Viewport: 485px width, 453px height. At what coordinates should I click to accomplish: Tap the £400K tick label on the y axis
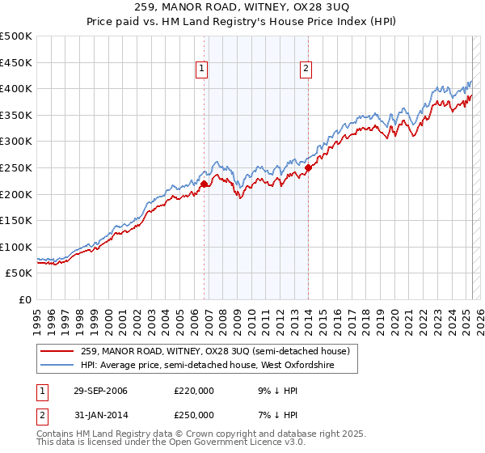click(16, 88)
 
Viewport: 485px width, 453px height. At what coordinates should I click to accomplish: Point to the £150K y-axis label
click(16, 220)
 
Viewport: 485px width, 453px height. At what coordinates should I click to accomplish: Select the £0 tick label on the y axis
click(26, 299)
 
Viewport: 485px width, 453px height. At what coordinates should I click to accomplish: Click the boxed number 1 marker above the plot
click(200, 70)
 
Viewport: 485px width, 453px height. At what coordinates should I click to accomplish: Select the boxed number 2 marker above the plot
click(306, 70)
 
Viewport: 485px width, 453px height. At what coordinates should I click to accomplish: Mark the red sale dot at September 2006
click(204, 184)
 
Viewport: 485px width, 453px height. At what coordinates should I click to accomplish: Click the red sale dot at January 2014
click(308, 168)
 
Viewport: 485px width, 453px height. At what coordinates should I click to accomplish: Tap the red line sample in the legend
click(58, 351)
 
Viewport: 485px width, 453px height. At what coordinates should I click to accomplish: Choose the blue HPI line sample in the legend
click(58, 366)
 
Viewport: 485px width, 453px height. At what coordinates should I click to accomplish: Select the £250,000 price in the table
click(194, 415)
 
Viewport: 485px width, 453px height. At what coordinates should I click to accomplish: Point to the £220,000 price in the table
click(194, 391)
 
